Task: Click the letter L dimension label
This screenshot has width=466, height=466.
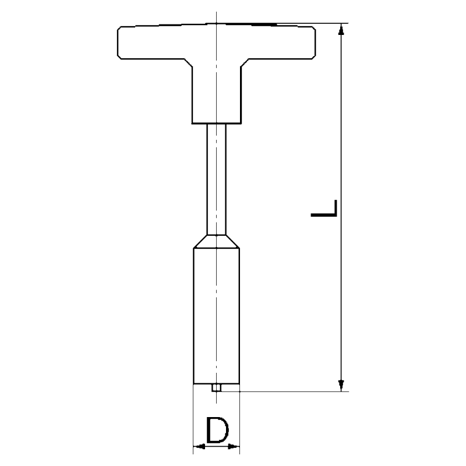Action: coord(324,209)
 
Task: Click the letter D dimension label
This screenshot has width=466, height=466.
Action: coord(216,430)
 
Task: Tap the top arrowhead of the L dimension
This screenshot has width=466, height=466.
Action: coord(341,29)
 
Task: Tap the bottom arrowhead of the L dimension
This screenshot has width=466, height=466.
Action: coord(341,386)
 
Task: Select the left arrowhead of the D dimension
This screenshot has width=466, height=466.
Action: coord(197,447)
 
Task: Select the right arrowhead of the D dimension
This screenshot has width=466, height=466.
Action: coord(234,447)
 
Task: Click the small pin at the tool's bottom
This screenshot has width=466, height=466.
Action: coord(216,387)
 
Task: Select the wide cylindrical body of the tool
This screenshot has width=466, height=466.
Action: coord(216,315)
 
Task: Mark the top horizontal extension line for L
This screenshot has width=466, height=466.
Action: coord(326,23)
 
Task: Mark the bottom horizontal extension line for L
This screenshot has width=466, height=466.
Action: coord(291,391)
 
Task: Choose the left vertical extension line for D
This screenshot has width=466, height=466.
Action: coord(193,419)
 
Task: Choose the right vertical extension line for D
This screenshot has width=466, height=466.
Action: coord(239,419)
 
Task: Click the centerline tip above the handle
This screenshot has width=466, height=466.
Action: coord(216,15)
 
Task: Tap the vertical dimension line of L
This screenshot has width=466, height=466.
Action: coord(341,146)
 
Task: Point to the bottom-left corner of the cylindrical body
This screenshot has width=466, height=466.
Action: coord(193,384)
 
